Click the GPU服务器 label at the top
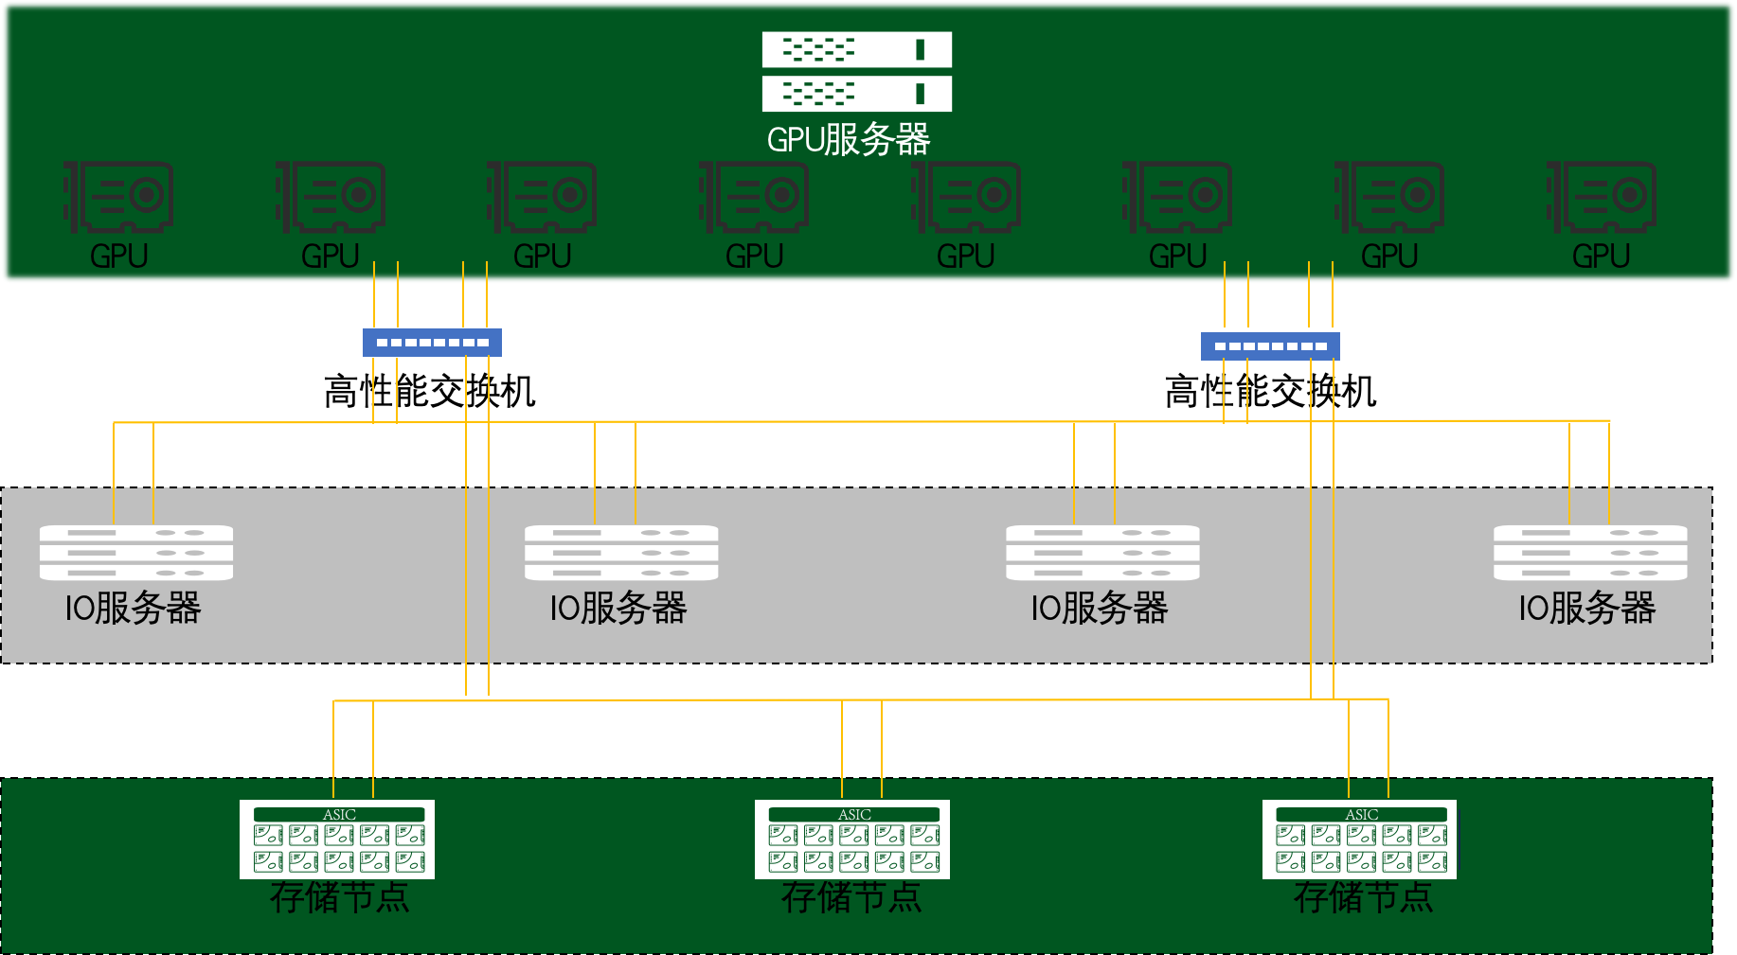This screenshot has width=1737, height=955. tap(848, 140)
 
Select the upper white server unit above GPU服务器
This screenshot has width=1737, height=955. tap(856, 50)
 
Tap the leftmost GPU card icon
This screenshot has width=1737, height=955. tap(118, 197)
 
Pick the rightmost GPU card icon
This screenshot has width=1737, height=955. tap(1602, 197)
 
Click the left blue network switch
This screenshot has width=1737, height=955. tap(432, 343)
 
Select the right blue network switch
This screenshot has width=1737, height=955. tap(1270, 346)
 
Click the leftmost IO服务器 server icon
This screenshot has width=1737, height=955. tap(136, 553)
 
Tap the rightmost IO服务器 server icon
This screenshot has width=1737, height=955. tap(1590, 553)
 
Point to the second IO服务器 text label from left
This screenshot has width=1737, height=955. tap(618, 609)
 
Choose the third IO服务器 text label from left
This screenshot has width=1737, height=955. tap(1099, 609)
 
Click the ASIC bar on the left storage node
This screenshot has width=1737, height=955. tap(339, 815)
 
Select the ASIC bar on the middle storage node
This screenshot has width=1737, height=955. tap(854, 815)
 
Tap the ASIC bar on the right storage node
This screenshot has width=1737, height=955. tap(1361, 815)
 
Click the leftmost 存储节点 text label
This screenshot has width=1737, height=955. tap(339, 897)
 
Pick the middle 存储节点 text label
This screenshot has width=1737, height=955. tap(851, 897)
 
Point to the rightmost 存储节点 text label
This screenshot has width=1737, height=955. tap(1363, 897)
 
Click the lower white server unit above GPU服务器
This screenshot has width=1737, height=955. tap(856, 94)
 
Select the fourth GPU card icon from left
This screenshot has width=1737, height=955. tap(754, 197)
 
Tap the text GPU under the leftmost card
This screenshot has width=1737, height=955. tap(118, 256)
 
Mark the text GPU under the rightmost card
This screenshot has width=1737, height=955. tap(1601, 256)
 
